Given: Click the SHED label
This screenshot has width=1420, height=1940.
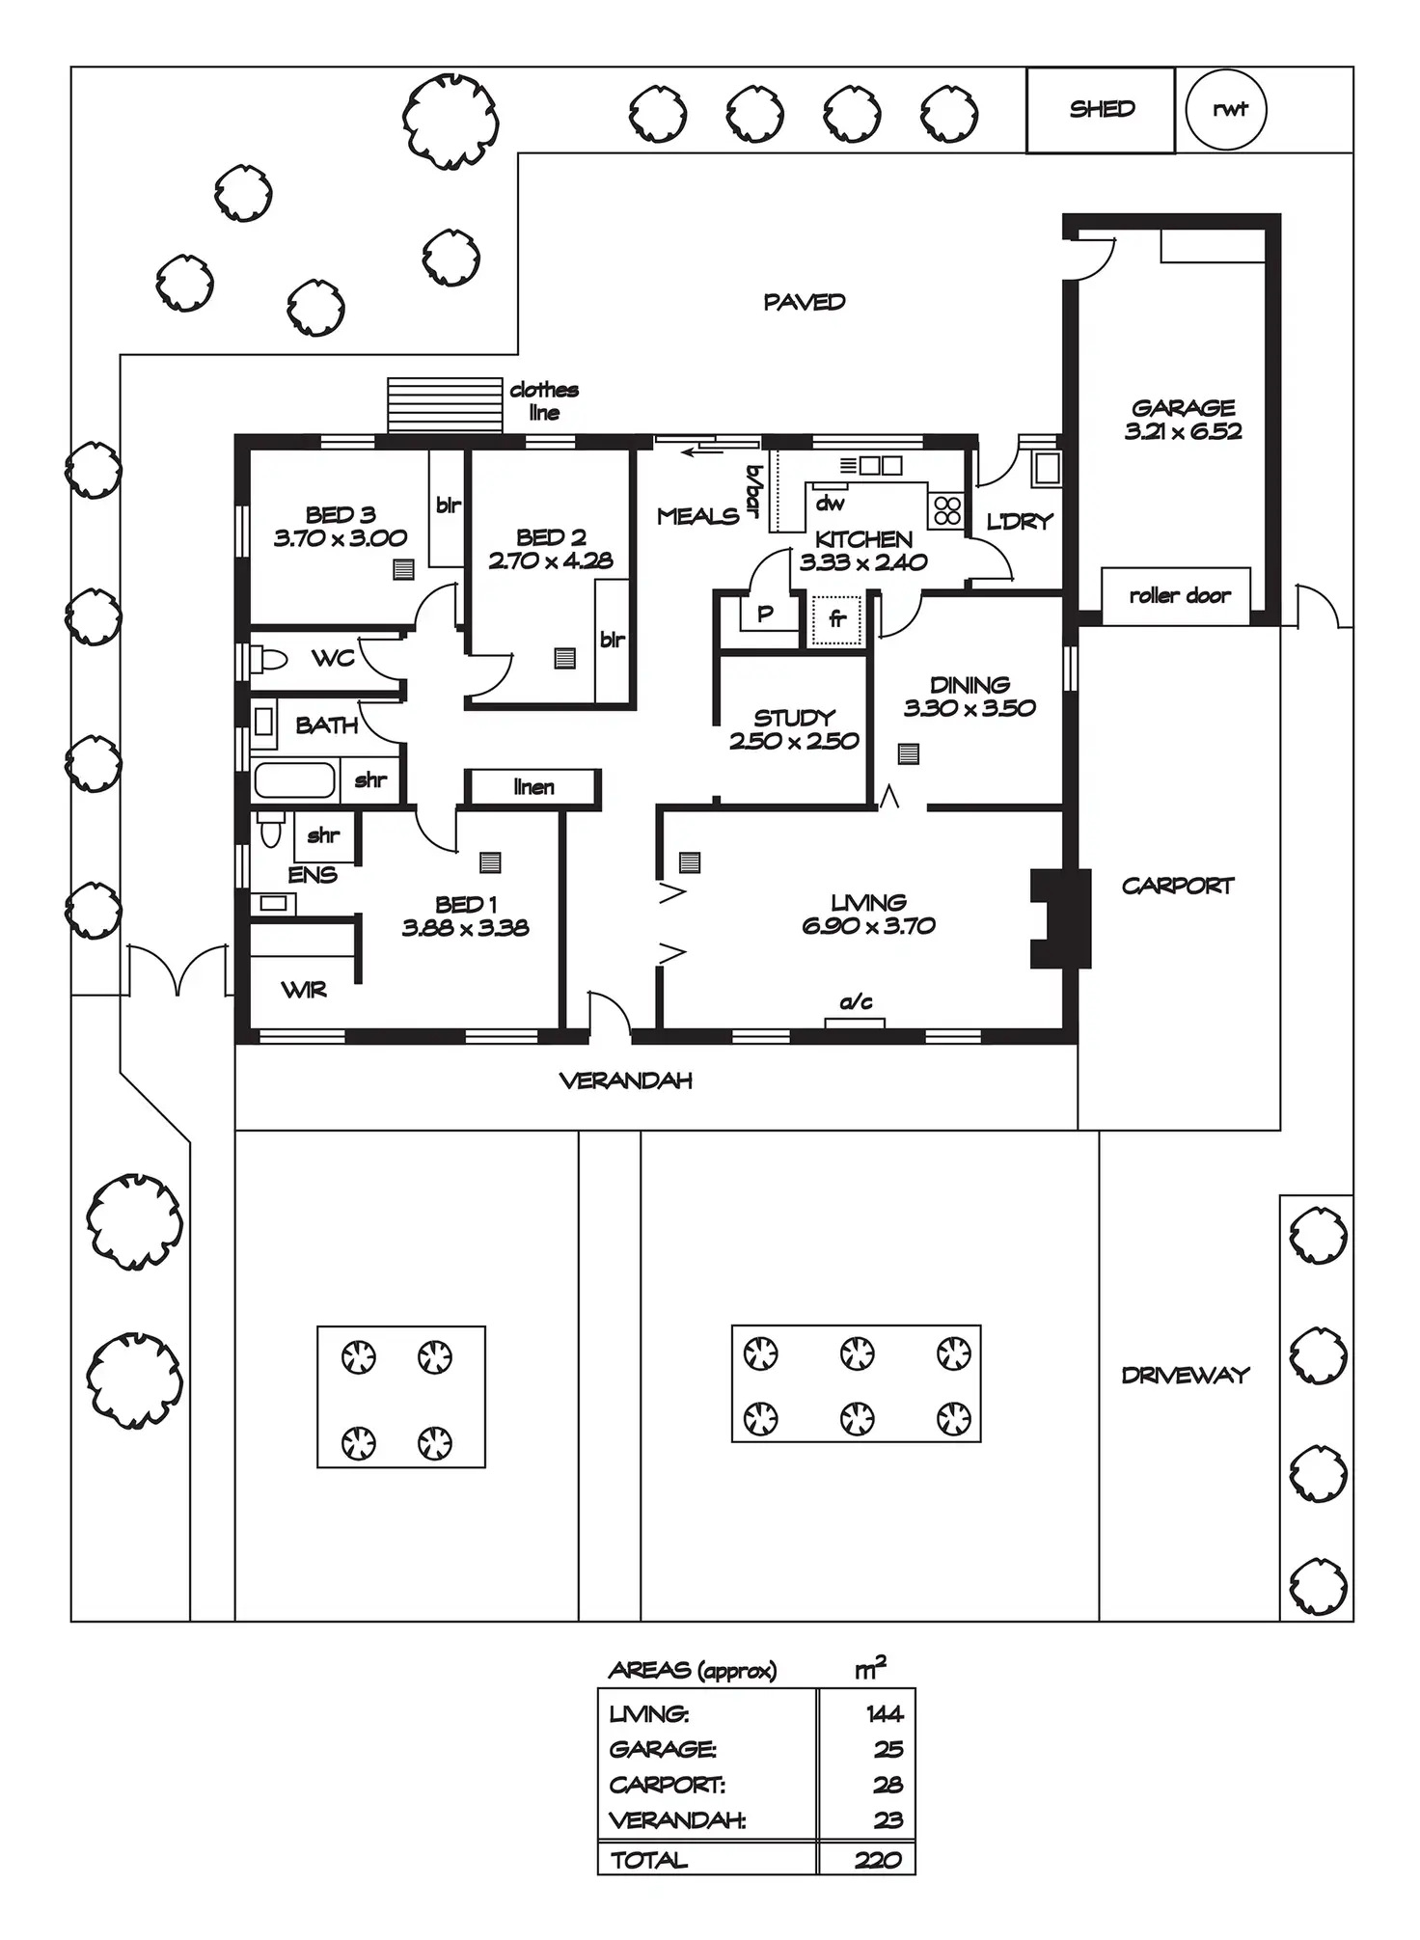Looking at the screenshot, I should click(1102, 109).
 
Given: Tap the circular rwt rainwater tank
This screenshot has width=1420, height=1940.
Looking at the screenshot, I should click(1225, 109).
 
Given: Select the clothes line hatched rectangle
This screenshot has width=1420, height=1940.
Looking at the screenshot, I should click(445, 405).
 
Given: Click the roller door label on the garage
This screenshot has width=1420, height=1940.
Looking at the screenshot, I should click(1179, 596).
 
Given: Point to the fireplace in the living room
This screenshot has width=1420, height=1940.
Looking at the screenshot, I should click(1059, 917).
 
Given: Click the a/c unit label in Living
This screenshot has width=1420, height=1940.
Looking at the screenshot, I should click(856, 1003).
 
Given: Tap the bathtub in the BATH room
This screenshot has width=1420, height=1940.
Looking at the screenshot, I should click(295, 780).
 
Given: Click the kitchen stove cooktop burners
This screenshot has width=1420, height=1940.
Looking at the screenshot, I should click(947, 509).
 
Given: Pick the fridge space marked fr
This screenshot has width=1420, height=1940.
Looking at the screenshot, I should click(836, 618).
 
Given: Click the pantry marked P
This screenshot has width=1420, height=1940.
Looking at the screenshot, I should click(765, 614).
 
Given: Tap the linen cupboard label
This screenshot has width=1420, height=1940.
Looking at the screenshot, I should click(533, 787).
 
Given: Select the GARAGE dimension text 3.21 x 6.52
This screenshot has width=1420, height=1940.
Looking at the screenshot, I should click(1183, 432).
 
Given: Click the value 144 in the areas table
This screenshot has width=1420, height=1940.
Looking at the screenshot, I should click(884, 1713).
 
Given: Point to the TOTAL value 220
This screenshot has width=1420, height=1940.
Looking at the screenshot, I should click(877, 1859).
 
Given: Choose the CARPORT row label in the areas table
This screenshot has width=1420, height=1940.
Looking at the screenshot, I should click(667, 1785).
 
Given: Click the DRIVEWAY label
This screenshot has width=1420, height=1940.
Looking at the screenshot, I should click(1186, 1375).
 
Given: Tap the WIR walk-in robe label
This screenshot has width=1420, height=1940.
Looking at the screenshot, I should click(304, 990).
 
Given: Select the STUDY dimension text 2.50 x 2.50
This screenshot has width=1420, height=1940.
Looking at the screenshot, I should click(794, 741).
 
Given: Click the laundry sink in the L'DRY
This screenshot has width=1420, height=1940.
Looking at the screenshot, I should click(1047, 470).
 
